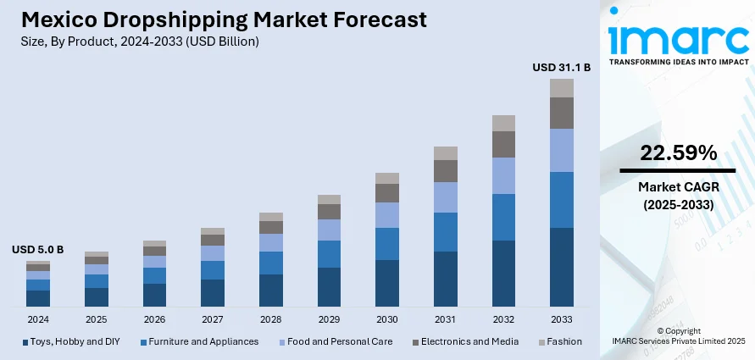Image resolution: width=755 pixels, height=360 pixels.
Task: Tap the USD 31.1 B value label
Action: tap(561, 66)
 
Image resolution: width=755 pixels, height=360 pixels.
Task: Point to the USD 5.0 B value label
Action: tap(37, 250)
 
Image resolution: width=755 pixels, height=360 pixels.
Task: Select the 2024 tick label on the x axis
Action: tap(38, 319)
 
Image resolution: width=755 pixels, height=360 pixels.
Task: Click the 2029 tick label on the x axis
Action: tap(329, 319)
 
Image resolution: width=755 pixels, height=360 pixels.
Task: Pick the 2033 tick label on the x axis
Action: tap(562, 319)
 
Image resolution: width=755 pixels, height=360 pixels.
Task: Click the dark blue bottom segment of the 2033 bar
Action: tap(562, 267)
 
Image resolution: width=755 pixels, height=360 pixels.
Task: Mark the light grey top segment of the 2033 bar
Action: tap(562, 88)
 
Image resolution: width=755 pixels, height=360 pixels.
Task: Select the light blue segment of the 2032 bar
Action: tap(503, 175)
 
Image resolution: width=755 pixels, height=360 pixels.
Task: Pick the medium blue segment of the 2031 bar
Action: tap(446, 231)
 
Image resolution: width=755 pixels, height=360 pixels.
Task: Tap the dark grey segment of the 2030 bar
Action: tap(387, 193)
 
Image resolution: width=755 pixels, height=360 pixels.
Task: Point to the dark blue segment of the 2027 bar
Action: tap(213, 292)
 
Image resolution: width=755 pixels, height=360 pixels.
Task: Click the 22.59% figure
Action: tap(678, 153)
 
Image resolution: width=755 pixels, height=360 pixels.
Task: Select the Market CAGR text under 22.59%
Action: tap(678, 186)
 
